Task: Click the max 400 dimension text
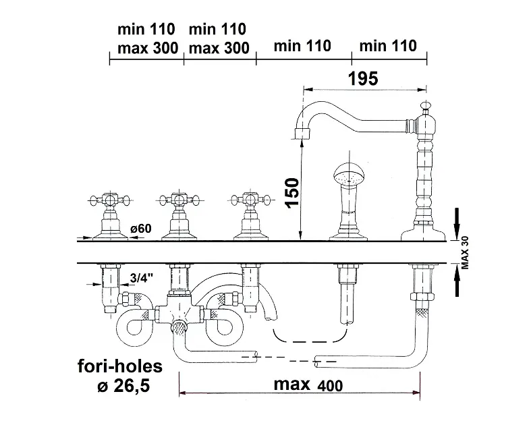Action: point(308,385)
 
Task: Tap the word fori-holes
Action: point(119,366)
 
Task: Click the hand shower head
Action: point(348,177)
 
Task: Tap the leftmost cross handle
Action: point(109,200)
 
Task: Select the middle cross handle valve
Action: point(177,200)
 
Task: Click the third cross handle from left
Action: point(250,200)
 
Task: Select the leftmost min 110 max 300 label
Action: point(146,38)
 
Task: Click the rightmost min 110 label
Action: point(388,46)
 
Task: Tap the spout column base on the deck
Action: point(422,234)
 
